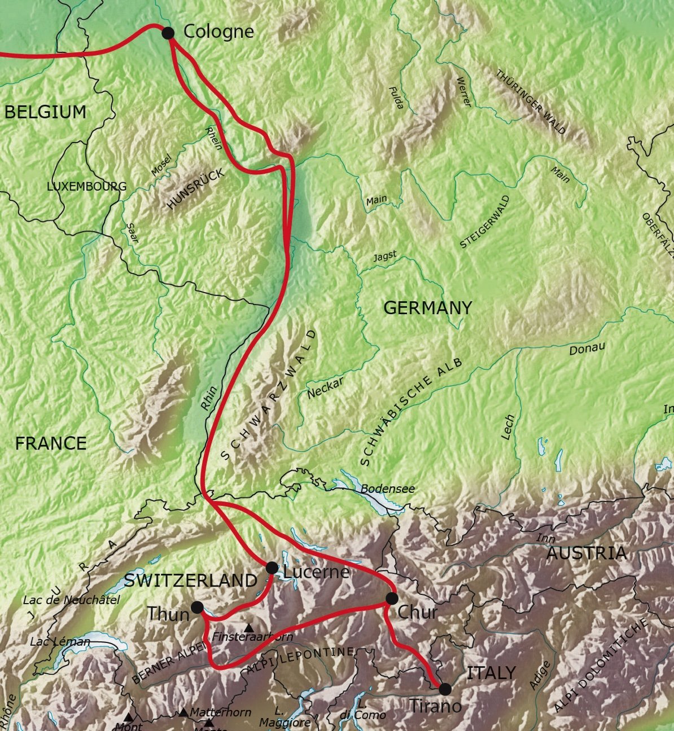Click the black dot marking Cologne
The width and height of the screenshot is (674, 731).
(x=168, y=33)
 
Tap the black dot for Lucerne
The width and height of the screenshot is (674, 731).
(x=272, y=567)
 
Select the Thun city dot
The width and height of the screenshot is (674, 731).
(x=197, y=607)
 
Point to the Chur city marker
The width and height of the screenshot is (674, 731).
(x=392, y=598)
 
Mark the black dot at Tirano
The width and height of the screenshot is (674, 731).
(x=445, y=689)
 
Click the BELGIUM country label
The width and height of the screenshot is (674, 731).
(x=46, y=112)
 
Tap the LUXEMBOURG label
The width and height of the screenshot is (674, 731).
(x=87, y=186)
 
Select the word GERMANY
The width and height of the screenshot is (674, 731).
(x=427, y=307)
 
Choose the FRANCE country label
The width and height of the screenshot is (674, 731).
(x=51, y=443)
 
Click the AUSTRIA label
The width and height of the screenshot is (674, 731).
(x=587, y=553)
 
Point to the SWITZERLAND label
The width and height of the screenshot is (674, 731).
(x=191, y=580)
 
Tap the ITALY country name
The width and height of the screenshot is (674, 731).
(x=491, y=672)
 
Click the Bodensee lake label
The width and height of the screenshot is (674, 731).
(x=388, y=488)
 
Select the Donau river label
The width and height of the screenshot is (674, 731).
(x=587, y=349)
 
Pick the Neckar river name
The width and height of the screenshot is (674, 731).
(x=325, y=388)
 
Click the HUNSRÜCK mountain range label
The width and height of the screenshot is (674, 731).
(x=195, y=190)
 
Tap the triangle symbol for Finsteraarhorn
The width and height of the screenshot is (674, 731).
(x=249, y=627)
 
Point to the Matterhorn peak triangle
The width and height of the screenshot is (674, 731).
(x=183, y=713)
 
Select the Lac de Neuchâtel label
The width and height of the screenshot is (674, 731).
(x=72, y=600)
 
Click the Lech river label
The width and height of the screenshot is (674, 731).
(x=508, y=427)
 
